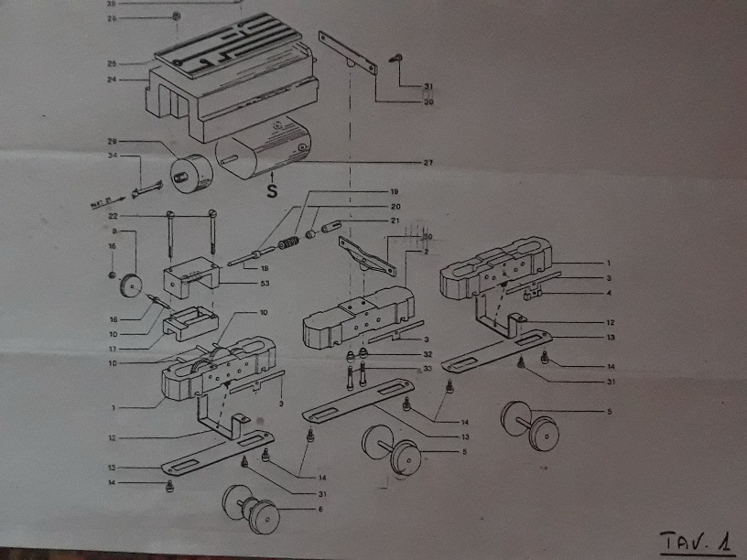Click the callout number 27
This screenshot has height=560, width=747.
point(427,163)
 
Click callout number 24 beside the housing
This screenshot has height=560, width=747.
point(112,80)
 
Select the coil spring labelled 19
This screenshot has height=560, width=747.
point(289,245)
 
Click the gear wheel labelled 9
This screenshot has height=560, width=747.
point(133,285)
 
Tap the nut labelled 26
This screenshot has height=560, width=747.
point(175,17)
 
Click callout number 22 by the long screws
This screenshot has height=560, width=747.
point(114,215)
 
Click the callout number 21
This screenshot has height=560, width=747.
point(395,221)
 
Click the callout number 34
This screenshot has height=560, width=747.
point(112,156)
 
